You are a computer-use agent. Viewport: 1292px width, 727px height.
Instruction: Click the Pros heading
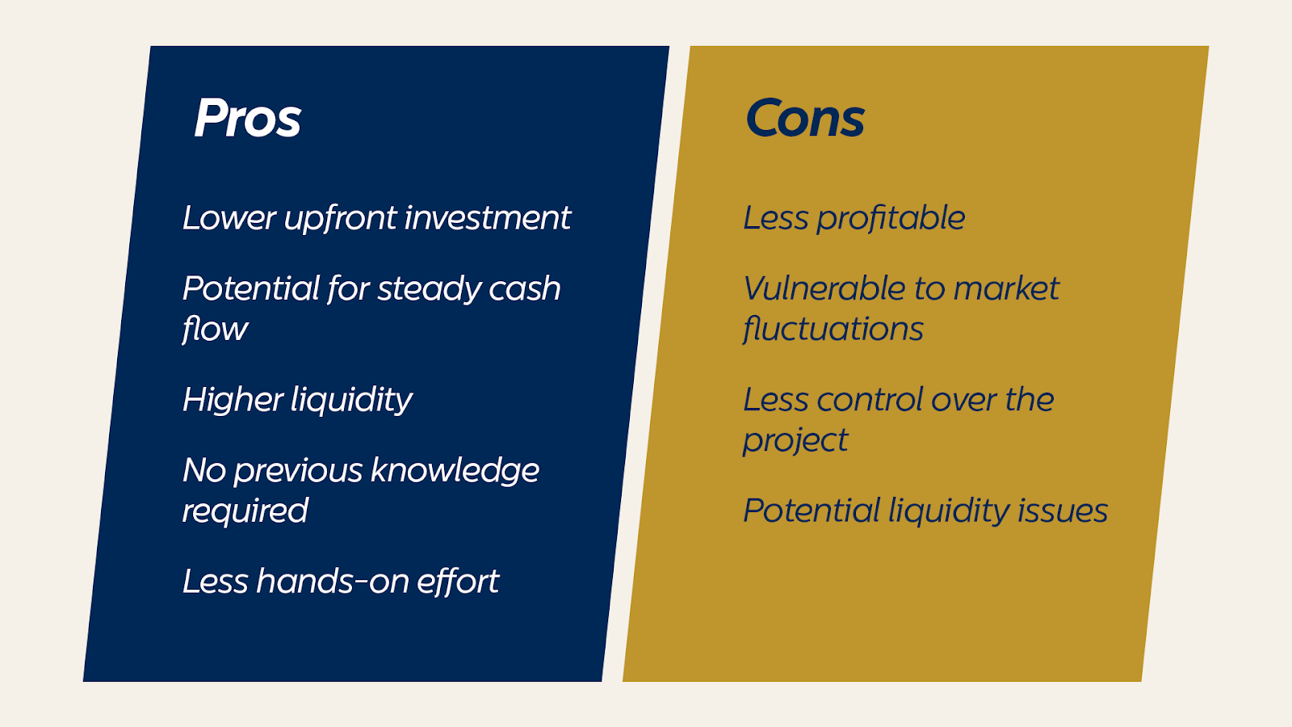click(247, 118)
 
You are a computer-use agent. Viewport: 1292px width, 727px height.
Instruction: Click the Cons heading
click(804, 118)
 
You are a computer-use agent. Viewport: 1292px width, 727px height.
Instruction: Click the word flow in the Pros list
click(215, 330)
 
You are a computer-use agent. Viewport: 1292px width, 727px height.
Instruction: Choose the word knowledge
click(455, 471)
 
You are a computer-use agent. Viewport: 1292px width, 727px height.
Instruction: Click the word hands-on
click(332, 581)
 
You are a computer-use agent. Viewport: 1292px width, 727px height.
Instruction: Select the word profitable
click(891, 219)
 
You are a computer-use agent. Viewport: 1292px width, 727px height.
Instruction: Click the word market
click(1006, 288)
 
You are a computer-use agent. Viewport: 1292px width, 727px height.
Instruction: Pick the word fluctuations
click(833, 328)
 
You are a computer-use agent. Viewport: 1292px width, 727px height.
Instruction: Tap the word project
click(795, 441)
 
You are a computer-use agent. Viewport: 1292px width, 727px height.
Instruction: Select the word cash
click(525, 288)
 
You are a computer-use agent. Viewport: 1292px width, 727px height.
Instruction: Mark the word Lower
click(229, 218)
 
